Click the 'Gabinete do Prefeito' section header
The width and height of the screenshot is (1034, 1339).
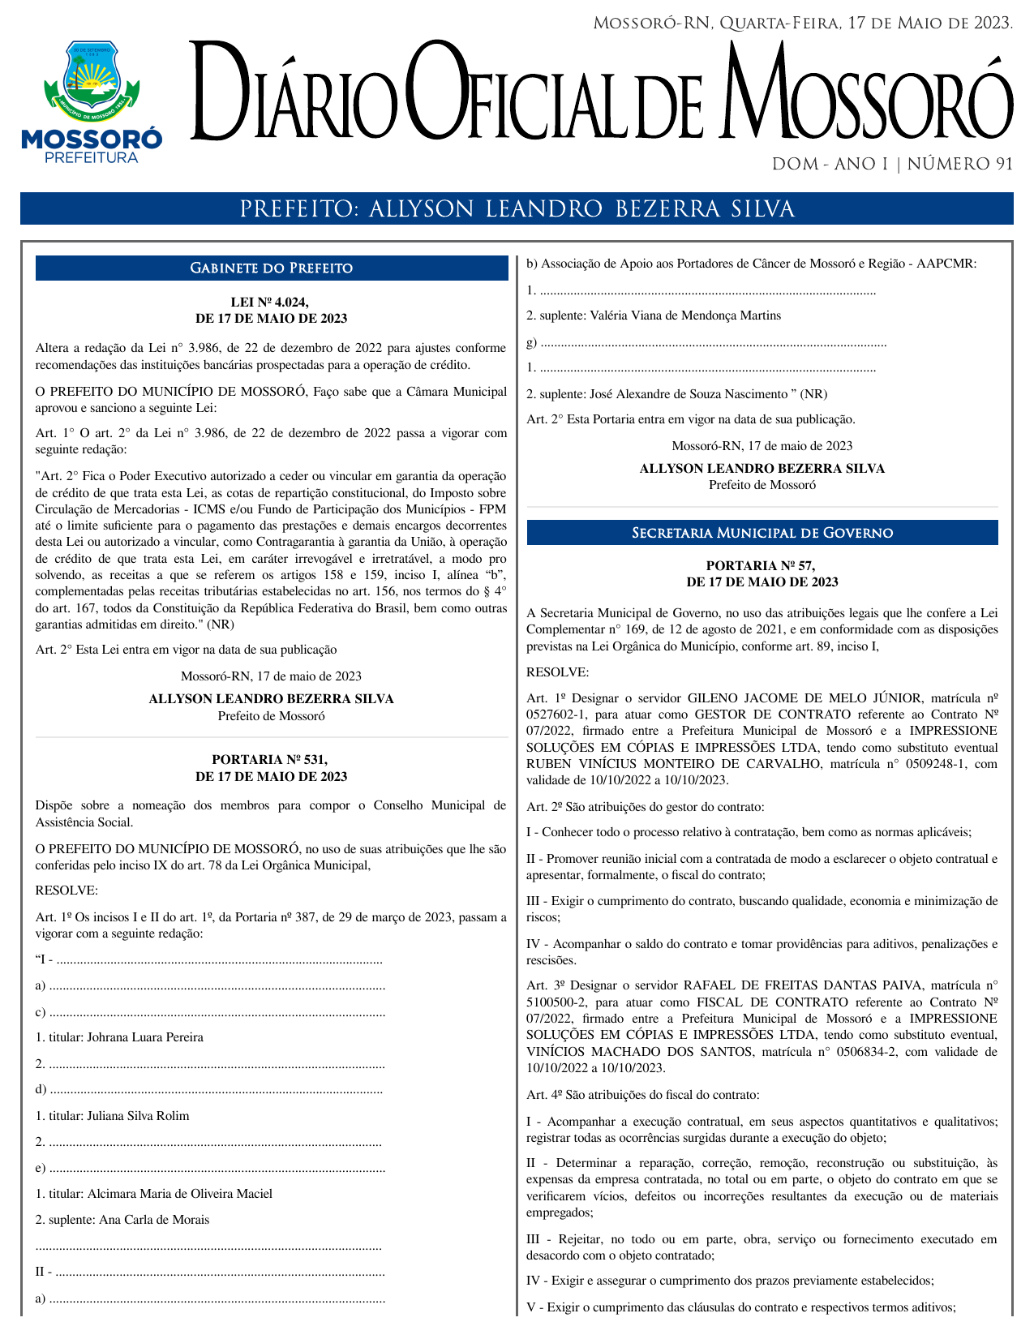(271, 268)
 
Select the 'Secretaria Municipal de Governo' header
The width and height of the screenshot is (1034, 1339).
(762, 533)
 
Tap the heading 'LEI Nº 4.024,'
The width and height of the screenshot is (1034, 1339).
(270, 303)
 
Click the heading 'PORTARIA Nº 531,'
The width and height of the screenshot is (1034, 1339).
(270, 760)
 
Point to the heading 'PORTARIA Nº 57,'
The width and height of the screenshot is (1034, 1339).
(761, 566)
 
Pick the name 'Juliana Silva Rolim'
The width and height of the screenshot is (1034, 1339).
(138, 1116)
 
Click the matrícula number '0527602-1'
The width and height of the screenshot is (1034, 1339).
(552, 715)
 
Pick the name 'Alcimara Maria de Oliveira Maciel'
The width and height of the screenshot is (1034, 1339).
(180, 1194)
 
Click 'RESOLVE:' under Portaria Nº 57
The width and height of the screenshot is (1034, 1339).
(557, 672)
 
